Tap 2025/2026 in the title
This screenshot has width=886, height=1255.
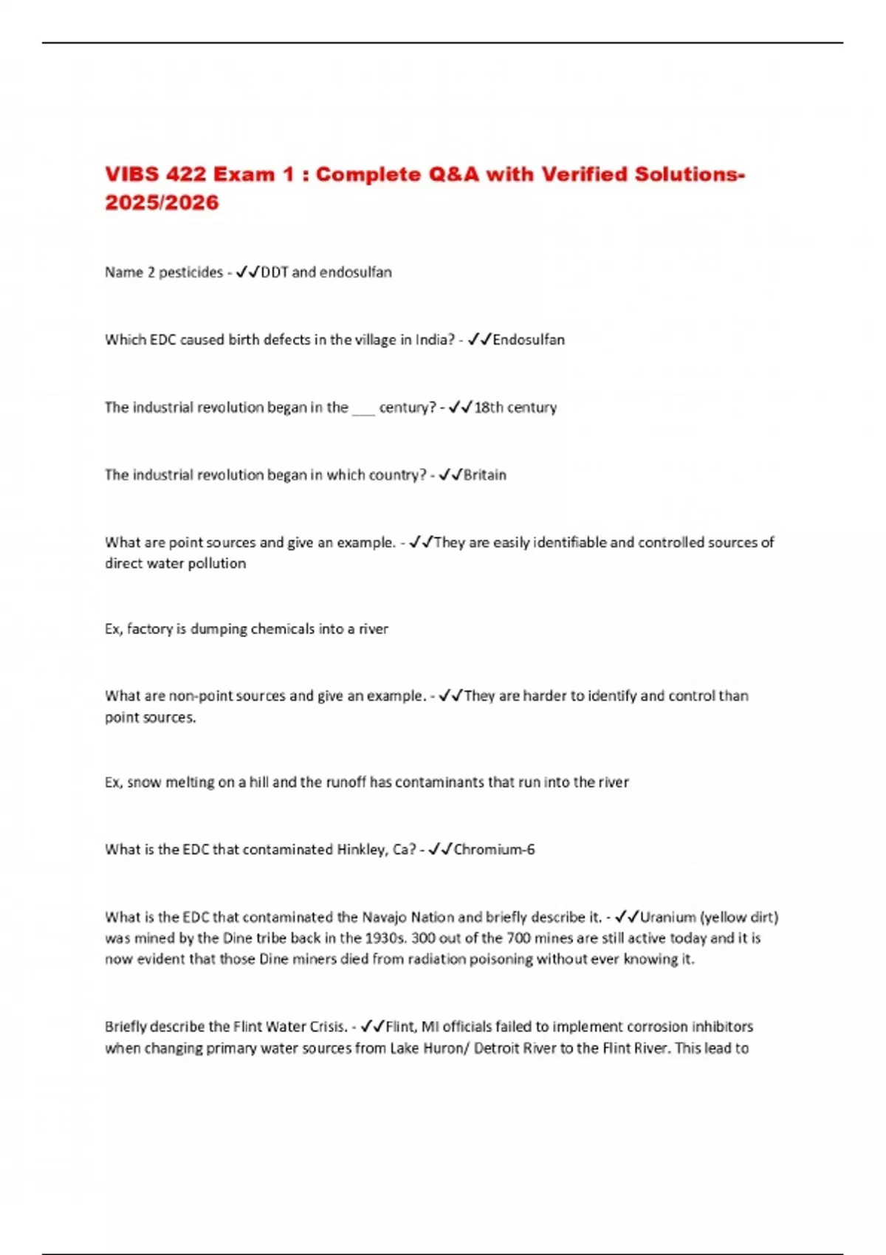coord(162,202)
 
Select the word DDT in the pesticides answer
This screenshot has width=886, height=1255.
coord(275,272)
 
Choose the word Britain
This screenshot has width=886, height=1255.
coord(485,475)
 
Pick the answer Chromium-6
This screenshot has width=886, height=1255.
coord(494,850)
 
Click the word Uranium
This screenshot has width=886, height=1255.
coord(667,918)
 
